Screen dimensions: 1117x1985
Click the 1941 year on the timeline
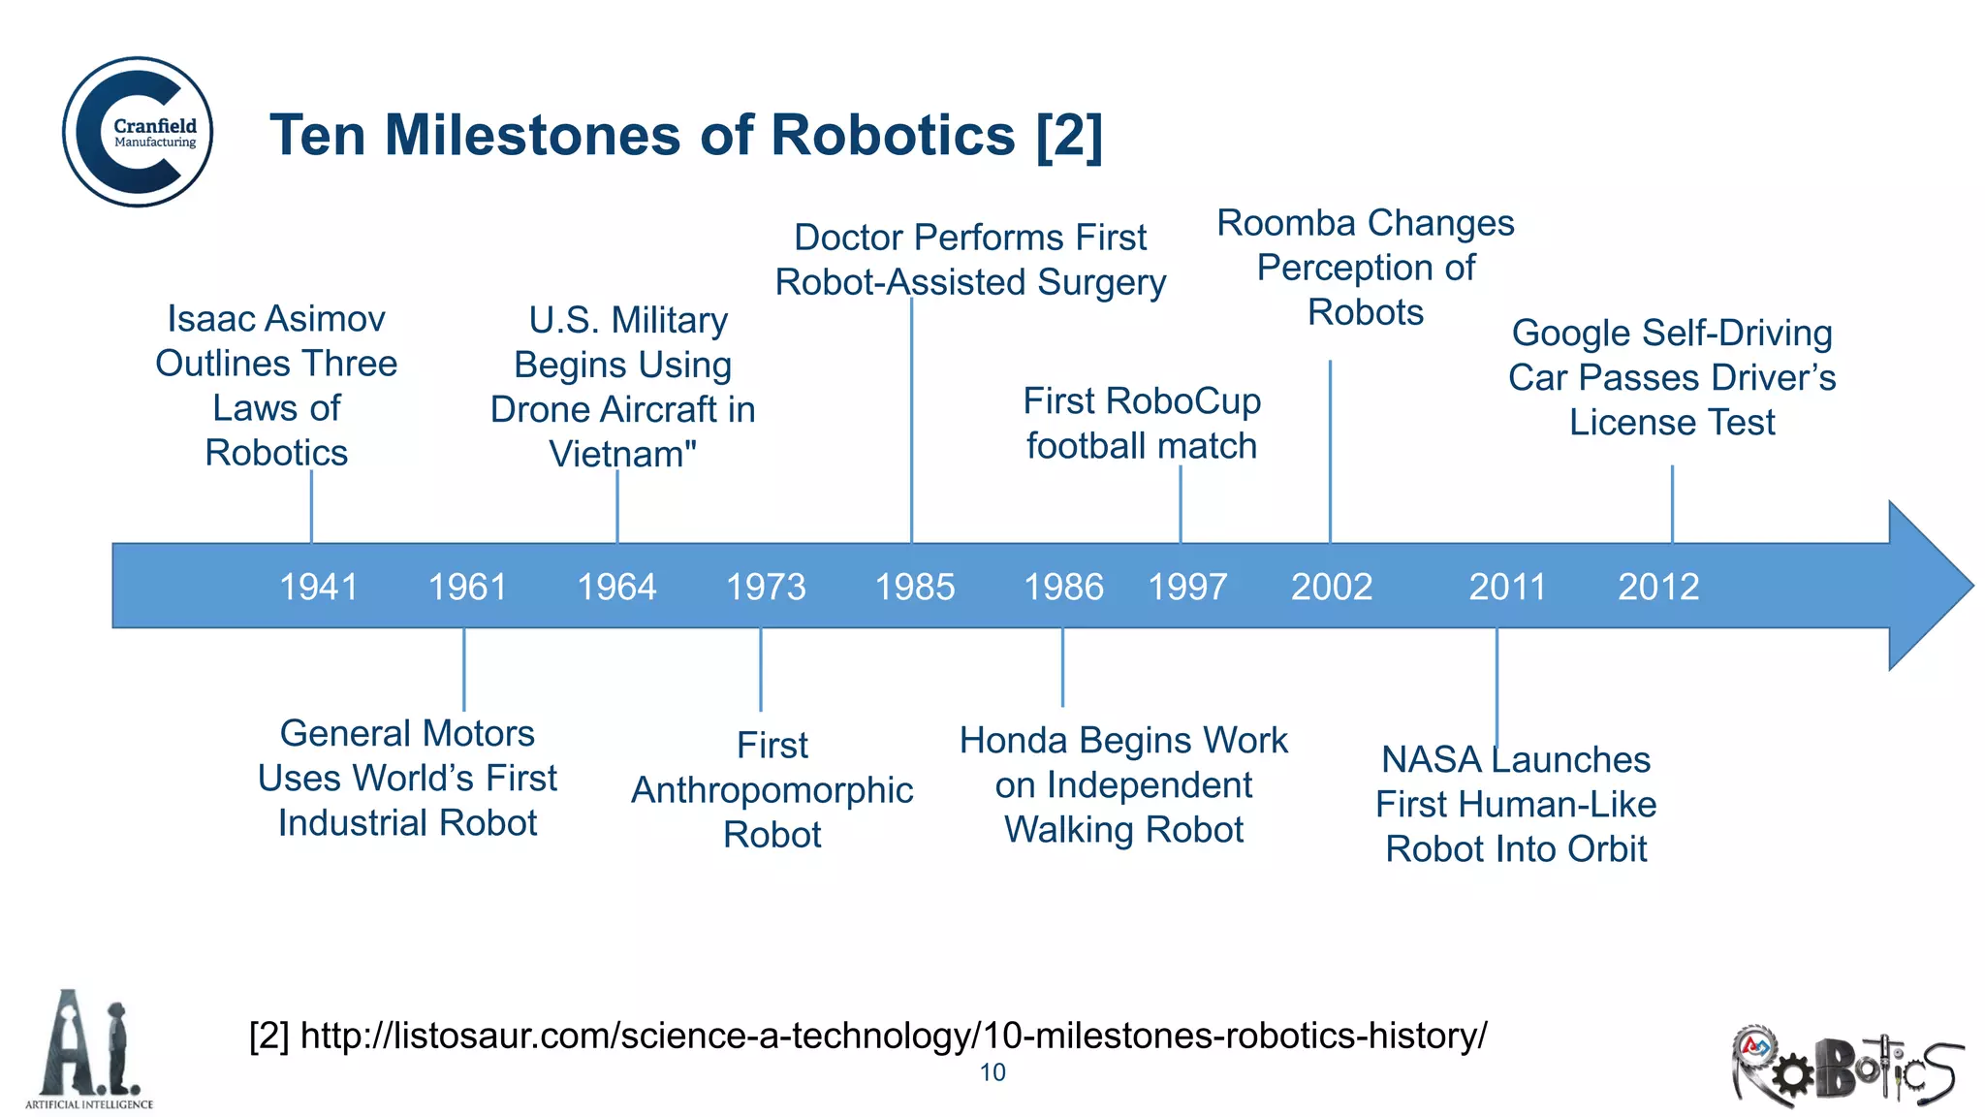[x=319, y=587]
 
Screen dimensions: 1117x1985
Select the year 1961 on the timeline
[x=468, y=587]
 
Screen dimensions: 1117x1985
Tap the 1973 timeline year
[x=766, y=587]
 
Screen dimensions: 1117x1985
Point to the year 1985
[x=915, y=587]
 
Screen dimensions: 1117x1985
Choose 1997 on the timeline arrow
[x=1187, y=587]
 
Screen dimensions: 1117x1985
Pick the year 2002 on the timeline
[x=1332, y=587]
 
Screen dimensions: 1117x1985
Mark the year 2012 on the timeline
[x=1658, y=587]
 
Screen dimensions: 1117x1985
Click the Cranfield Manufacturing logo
[x=139, y=132]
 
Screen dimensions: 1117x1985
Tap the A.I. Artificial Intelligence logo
[x=90, y=1049]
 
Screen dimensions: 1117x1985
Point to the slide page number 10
[x=992, y=1072]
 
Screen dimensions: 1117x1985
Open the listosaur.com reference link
[x=893, y=1036]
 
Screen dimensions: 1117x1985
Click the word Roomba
[x=1286, y=223]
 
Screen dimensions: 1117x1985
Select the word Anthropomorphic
[x=772, y=790]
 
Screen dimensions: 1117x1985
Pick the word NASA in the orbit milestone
[x=1430, y=759]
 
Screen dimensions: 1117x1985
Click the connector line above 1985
[x=912, y=417]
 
